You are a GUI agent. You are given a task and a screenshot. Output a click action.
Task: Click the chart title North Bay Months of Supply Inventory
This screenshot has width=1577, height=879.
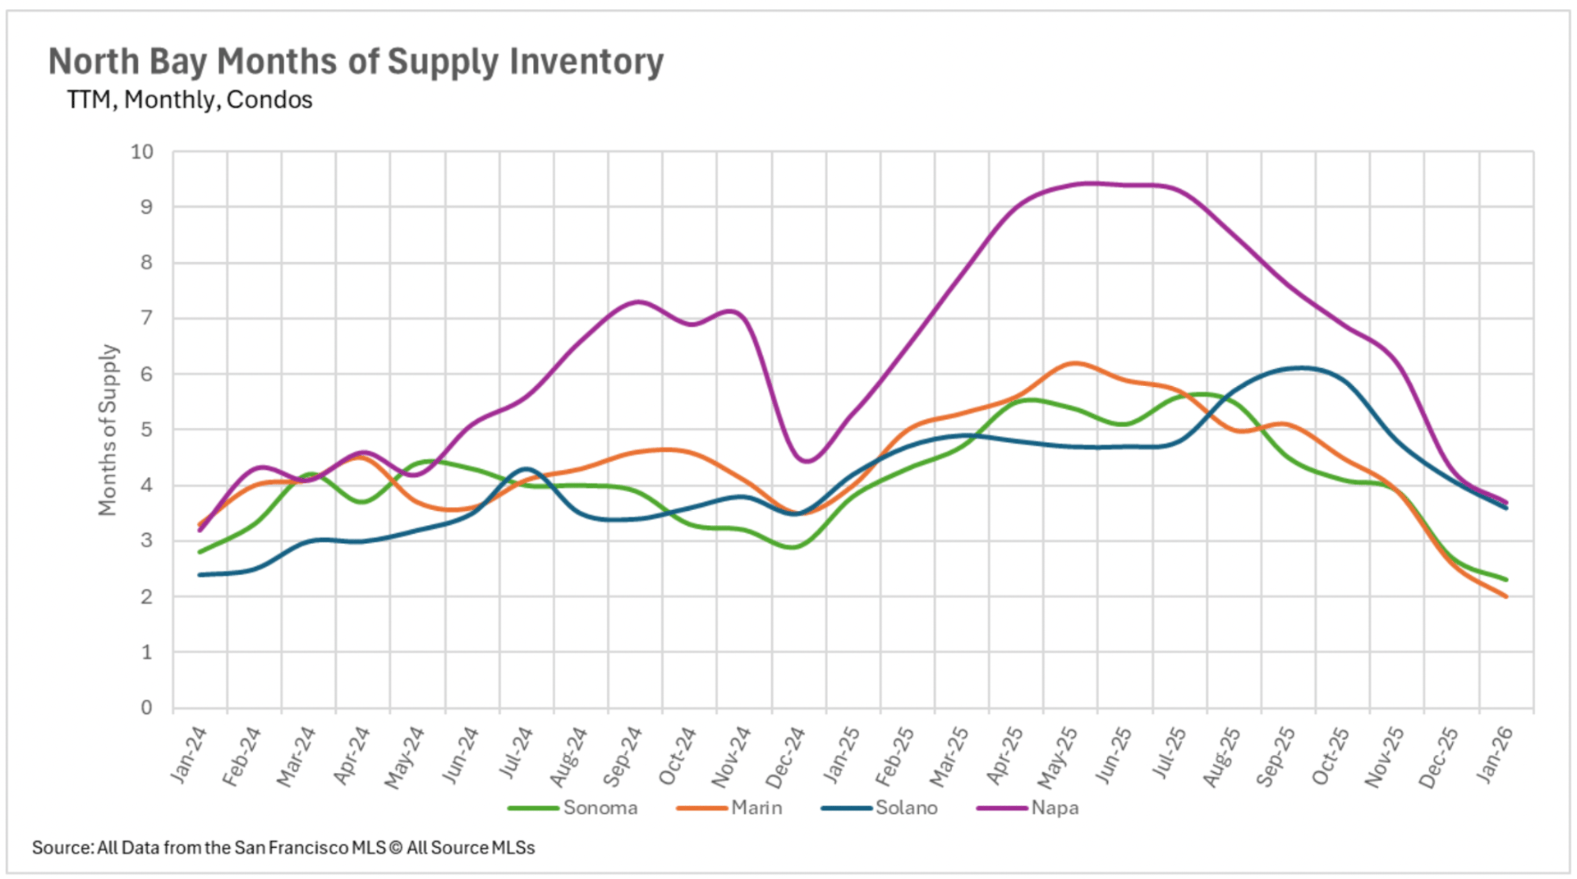tap(356, 62)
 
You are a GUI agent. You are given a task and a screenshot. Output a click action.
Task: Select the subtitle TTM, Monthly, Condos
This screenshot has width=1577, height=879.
tap(190, 100)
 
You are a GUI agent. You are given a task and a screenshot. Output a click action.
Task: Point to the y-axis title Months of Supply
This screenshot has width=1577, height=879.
tap(108, 430)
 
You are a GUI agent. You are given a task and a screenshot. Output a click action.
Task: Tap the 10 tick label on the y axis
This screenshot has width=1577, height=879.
tap(142, 152)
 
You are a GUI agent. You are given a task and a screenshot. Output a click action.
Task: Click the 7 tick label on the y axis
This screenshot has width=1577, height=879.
tap(146, 318)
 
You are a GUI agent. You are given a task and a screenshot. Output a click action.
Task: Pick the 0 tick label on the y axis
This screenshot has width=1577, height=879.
tap(146, 707)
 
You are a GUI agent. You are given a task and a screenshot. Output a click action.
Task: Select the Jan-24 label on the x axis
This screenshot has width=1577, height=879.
tap(189, 754)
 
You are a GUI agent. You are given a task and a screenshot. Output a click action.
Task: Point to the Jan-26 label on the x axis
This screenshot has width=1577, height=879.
tap(1494, 754)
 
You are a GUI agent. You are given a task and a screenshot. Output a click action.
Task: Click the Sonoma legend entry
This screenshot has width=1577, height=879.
tap(600, 808)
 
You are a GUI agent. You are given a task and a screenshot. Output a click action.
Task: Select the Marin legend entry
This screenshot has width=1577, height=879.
tap(756, 808)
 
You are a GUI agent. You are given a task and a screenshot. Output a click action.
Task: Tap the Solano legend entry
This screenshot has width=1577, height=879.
tap(906, 808)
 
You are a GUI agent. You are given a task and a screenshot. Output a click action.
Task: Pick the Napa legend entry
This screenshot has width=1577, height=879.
tap(1055, 808)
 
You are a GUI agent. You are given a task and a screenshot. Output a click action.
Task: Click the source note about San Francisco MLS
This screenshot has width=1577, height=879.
tap(283, 848)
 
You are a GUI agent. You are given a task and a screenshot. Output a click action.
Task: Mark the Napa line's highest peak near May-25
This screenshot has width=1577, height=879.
tap(1092, 183)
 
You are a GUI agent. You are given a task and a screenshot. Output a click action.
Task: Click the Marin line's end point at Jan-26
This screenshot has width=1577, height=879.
tap(1506, 596)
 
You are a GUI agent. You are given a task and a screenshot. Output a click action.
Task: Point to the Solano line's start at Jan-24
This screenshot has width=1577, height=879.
tap(200, 574)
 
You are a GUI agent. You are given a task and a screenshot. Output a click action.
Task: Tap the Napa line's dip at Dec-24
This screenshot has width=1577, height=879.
tap(805, 461)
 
